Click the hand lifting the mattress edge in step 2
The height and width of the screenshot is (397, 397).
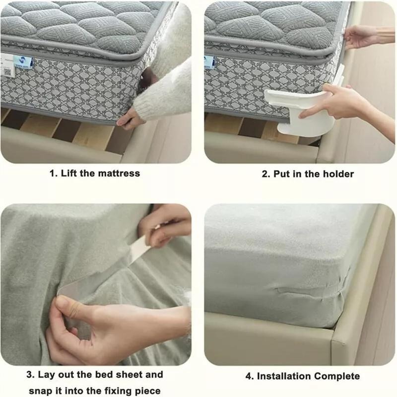point(360,37)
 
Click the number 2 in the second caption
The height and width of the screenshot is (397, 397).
point(265,174)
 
